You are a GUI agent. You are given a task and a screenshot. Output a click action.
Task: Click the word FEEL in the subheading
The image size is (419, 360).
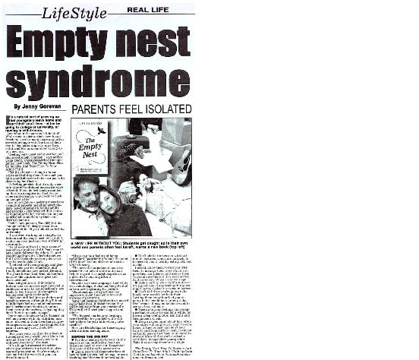tap(131, 110)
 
